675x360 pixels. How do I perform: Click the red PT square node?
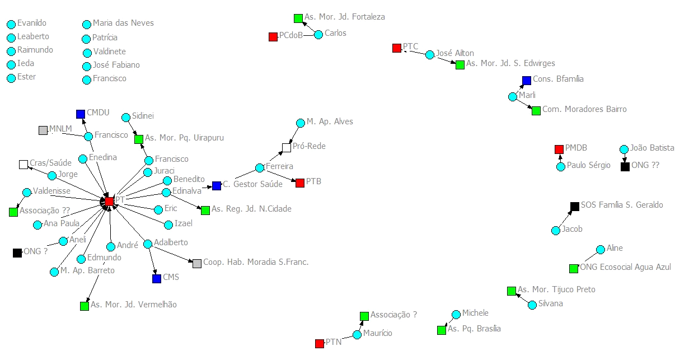click(109, 201)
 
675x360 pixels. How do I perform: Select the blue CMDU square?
click(81, 114)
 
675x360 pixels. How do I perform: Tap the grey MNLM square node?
click(43, 130)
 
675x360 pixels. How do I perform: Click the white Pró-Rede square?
click(287, 147)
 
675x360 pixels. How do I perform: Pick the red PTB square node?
click(300, 183)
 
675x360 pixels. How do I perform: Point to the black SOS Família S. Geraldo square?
click(574, 207)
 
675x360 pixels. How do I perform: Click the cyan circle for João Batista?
click(624, 149)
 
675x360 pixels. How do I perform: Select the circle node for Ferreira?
click(260, 168)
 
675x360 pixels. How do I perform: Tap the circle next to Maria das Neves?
click(87, 25)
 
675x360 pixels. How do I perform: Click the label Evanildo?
click(32, 24)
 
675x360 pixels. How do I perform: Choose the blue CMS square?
click(157, 278)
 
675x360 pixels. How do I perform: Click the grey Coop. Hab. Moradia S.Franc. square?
click(197, 263)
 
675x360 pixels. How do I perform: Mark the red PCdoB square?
click(273, 37)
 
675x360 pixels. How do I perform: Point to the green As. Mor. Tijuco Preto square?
click(511, 291)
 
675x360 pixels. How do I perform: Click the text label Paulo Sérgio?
click(588, 166)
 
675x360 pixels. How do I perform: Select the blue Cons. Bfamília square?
click(526, 81)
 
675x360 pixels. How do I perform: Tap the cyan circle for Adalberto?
click(148, 244)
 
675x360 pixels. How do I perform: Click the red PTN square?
click(320, 343)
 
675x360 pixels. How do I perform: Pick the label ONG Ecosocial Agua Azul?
click(626, 268)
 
